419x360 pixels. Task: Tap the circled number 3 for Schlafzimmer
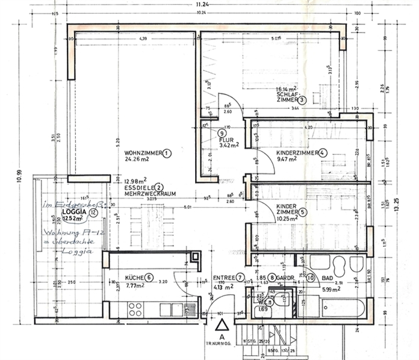tap(302, 101)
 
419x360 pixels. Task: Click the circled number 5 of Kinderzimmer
tap(302, 211)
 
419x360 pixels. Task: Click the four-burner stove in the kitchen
tap(135, 309)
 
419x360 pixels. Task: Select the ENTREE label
tap(223, 278)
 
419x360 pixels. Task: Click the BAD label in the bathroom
tap(328, 278)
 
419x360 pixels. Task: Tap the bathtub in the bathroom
tap(332, 309)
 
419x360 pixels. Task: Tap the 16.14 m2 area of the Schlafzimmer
tap(288, 88)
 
